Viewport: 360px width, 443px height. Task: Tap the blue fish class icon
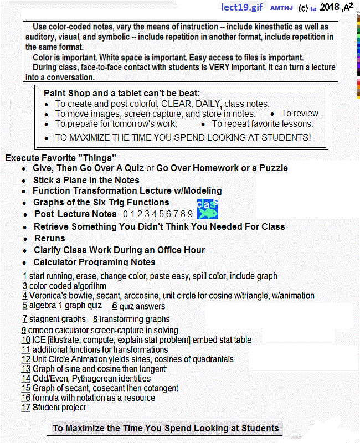[x=208, y=209]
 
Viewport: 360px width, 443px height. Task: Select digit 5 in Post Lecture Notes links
[x=161, y=214]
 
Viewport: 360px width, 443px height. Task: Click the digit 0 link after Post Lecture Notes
[x=126, y=214]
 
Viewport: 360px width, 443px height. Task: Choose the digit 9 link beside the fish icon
[x=190, y=214]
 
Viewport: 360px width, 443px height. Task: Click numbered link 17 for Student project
[x=25, y=408]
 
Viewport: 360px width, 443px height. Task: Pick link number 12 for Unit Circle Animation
[x=25, y=359]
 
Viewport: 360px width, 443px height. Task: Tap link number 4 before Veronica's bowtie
[x=25, y=296]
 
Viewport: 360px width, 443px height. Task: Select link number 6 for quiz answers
[x=114, y=306]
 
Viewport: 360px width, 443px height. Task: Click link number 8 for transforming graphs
[x=95, y=319]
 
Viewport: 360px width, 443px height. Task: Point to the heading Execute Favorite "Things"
[x=60, y=158]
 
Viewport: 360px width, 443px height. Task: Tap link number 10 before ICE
[x=26, y=340]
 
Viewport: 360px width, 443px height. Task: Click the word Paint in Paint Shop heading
[x=55, y=93]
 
